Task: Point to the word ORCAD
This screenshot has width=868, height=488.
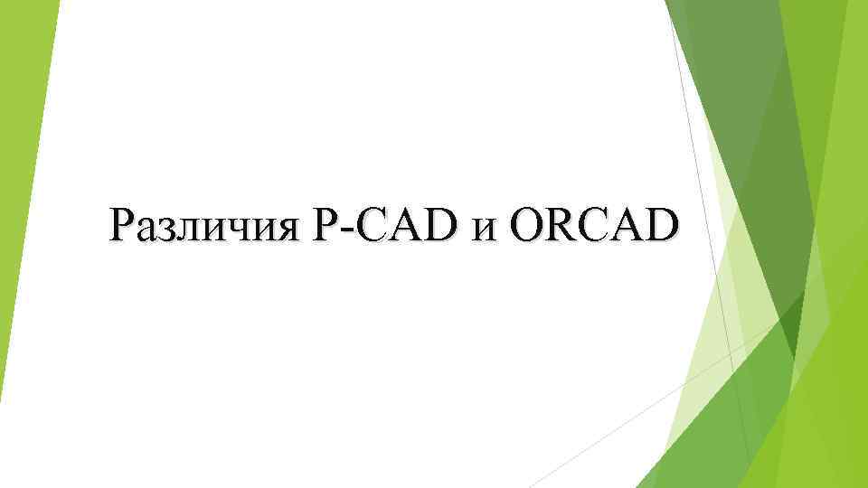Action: [x=593, y=225]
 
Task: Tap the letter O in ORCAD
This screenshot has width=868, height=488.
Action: [x=529, y=225]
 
